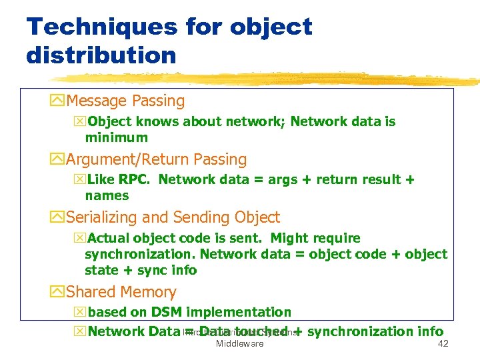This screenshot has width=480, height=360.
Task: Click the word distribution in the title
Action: (x=101, y=55)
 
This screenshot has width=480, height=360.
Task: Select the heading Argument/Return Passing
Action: (x=157, y=159)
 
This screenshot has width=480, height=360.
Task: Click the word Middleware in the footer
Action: (x=239, y=344)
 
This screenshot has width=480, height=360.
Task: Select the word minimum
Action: (x=117, y=138)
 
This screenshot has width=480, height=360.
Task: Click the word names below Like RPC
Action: (x=107, y=196)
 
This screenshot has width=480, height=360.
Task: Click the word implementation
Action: (x=238, y=312)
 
